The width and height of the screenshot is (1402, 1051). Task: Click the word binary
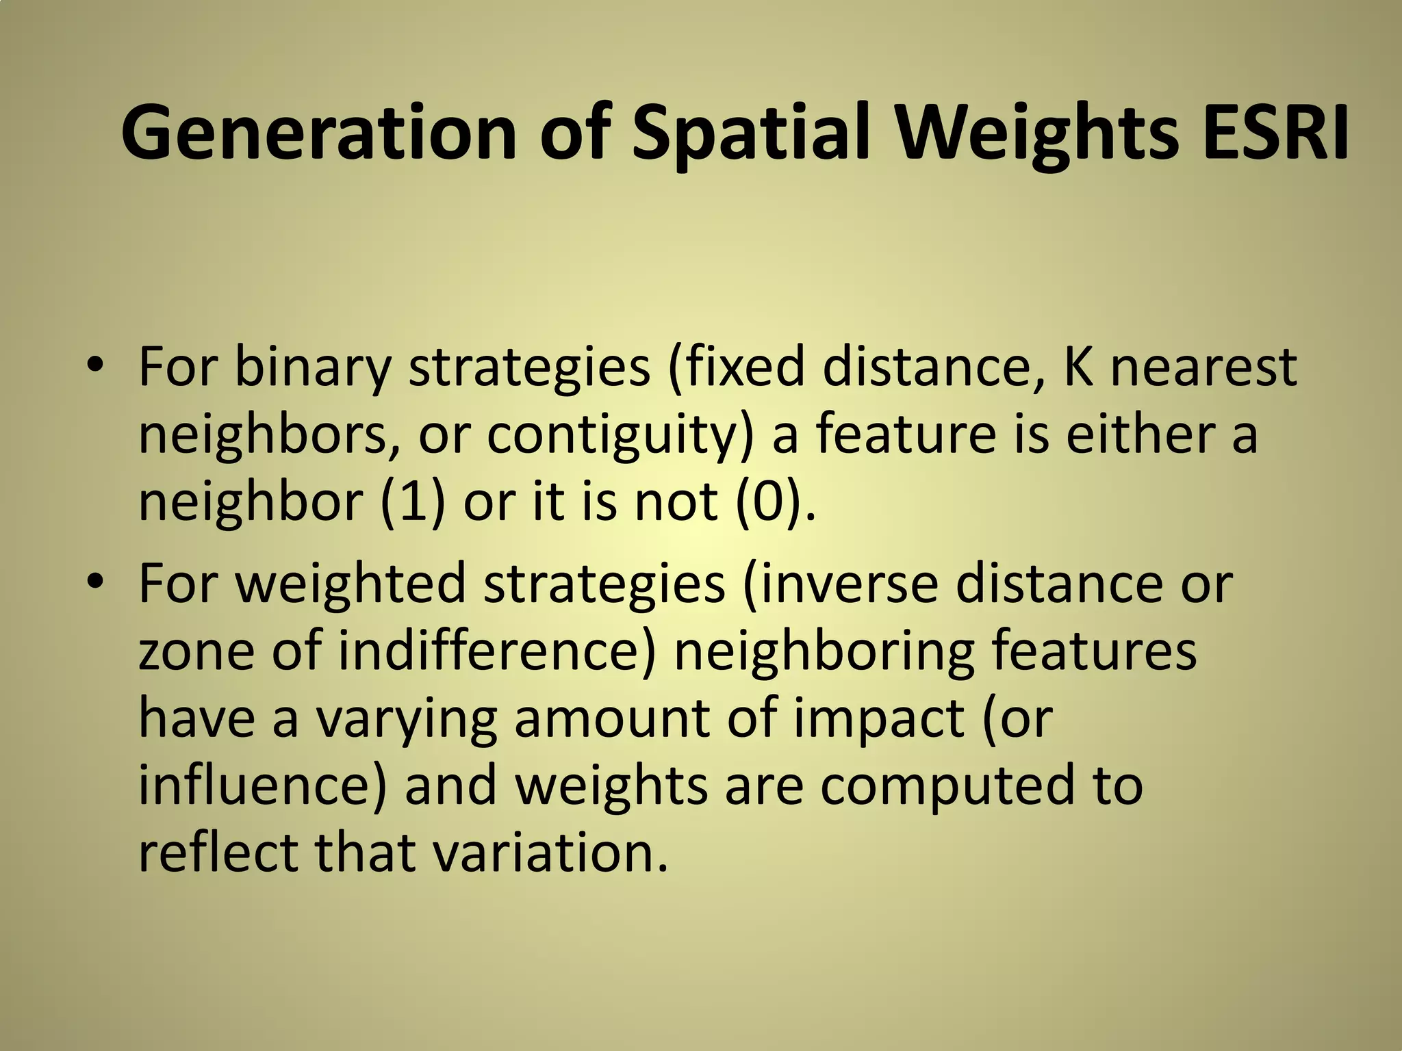(x=312, y=368)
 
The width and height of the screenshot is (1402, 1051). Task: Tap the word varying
(x=406, y=720)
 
